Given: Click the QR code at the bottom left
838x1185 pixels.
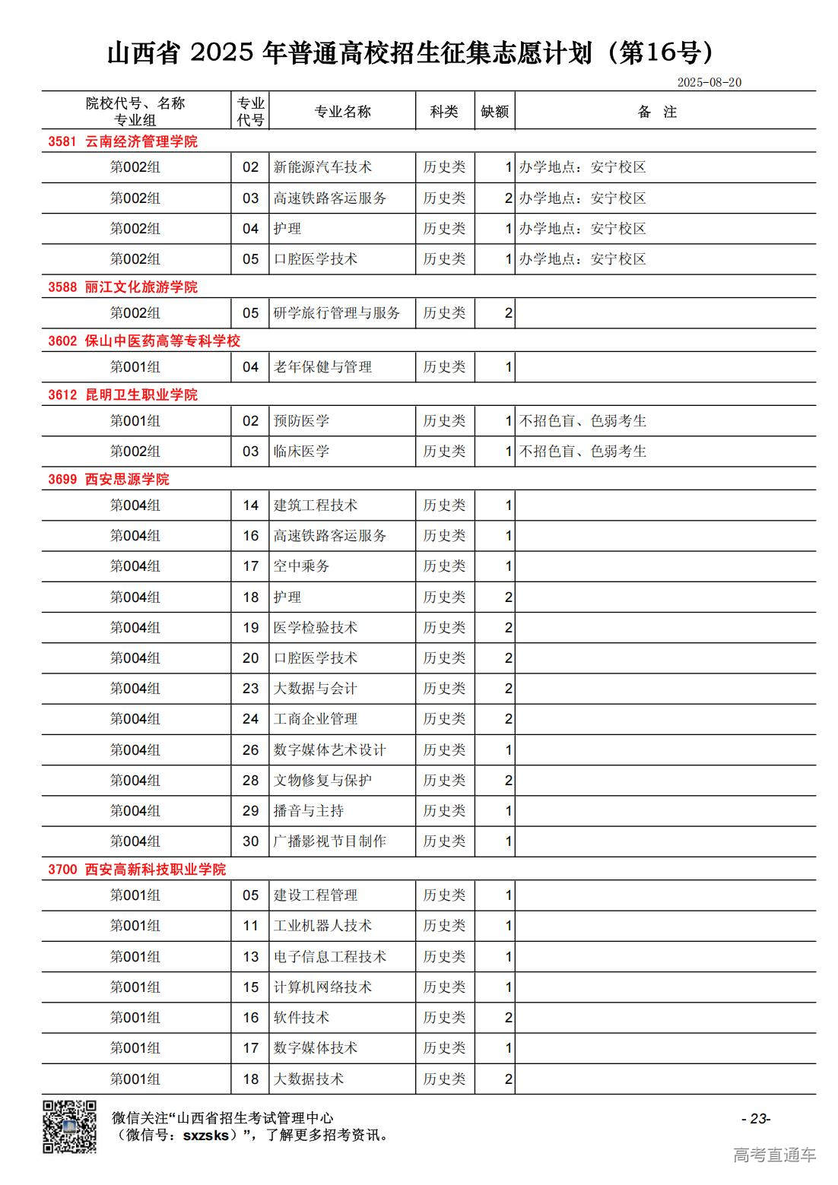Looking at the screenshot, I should pos(69,1126).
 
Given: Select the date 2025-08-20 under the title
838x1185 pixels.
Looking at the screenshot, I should pos(709,83).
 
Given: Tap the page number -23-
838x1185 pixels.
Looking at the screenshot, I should pos(756,1118).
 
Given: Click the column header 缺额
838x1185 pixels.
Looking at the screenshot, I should pos(494,112).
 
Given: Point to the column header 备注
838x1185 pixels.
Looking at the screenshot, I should pos(657,112).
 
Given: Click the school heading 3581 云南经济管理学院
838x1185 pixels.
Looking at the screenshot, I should pos(122,141).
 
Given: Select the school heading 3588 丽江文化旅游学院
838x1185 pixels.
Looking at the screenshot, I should pos(122,287).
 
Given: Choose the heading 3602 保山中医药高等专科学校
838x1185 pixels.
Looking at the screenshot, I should pos(144,341).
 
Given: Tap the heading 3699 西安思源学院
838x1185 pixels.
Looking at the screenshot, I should pos(109,480).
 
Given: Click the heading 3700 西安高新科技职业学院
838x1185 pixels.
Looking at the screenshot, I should pos(137,870).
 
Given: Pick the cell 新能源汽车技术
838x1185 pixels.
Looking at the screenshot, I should pos(322,167).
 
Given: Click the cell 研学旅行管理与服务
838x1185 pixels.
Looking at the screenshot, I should pos(336,313).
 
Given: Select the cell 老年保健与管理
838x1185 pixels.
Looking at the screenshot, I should pos(322,367).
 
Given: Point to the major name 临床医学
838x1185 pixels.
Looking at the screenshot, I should pos(301,452).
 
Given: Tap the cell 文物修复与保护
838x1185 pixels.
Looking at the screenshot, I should pos(322,781).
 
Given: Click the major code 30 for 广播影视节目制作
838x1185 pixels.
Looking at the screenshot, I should pos(250,841).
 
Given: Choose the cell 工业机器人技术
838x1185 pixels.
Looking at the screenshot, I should pos(322,926).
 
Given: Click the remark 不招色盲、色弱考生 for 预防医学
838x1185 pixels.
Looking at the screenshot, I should pos(582,421).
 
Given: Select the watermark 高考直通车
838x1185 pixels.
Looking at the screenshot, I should pos(774,1155).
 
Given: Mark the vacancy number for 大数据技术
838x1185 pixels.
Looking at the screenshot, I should pos(508,1079).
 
